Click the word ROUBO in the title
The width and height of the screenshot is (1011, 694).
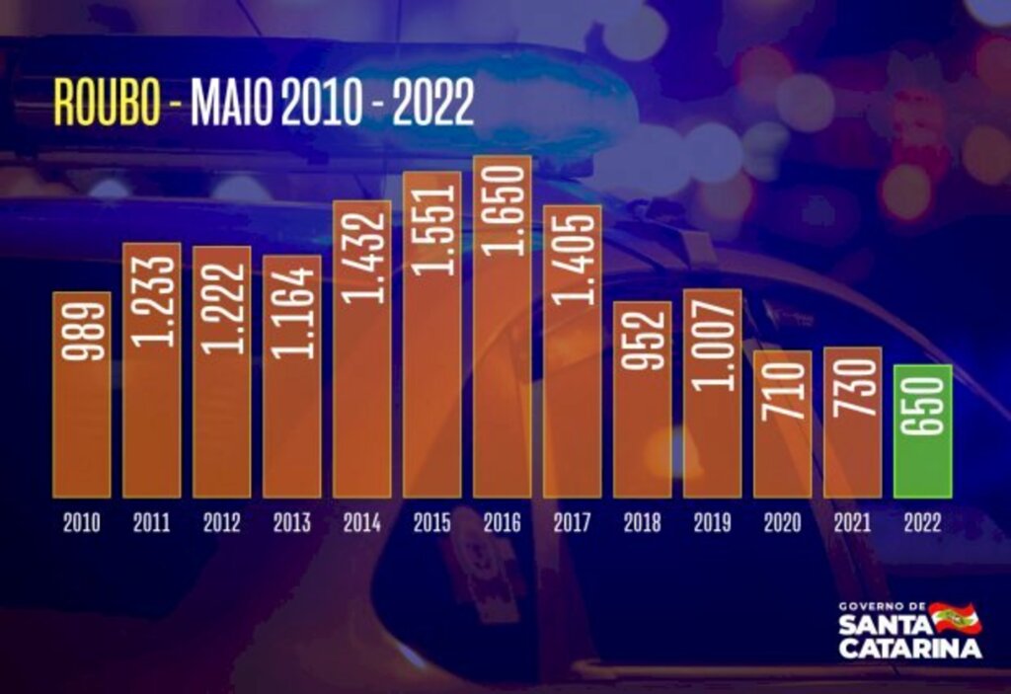coord(107,102)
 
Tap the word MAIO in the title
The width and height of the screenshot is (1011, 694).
coord(231,102)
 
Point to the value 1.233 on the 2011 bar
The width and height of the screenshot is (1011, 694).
coord(152,300)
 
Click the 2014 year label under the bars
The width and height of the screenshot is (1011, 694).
coord(361,523)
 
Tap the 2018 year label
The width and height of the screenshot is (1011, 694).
coord(642,523)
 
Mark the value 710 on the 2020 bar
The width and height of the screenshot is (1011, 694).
coord(782,389)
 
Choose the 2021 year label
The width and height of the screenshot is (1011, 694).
coord(852,523)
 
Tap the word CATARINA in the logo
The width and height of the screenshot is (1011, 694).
coord(909,649)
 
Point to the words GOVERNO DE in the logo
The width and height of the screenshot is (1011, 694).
coord(882,605)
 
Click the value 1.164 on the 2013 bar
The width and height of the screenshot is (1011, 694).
coord(292,312)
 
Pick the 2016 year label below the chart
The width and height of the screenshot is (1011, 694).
coord(502,523)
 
